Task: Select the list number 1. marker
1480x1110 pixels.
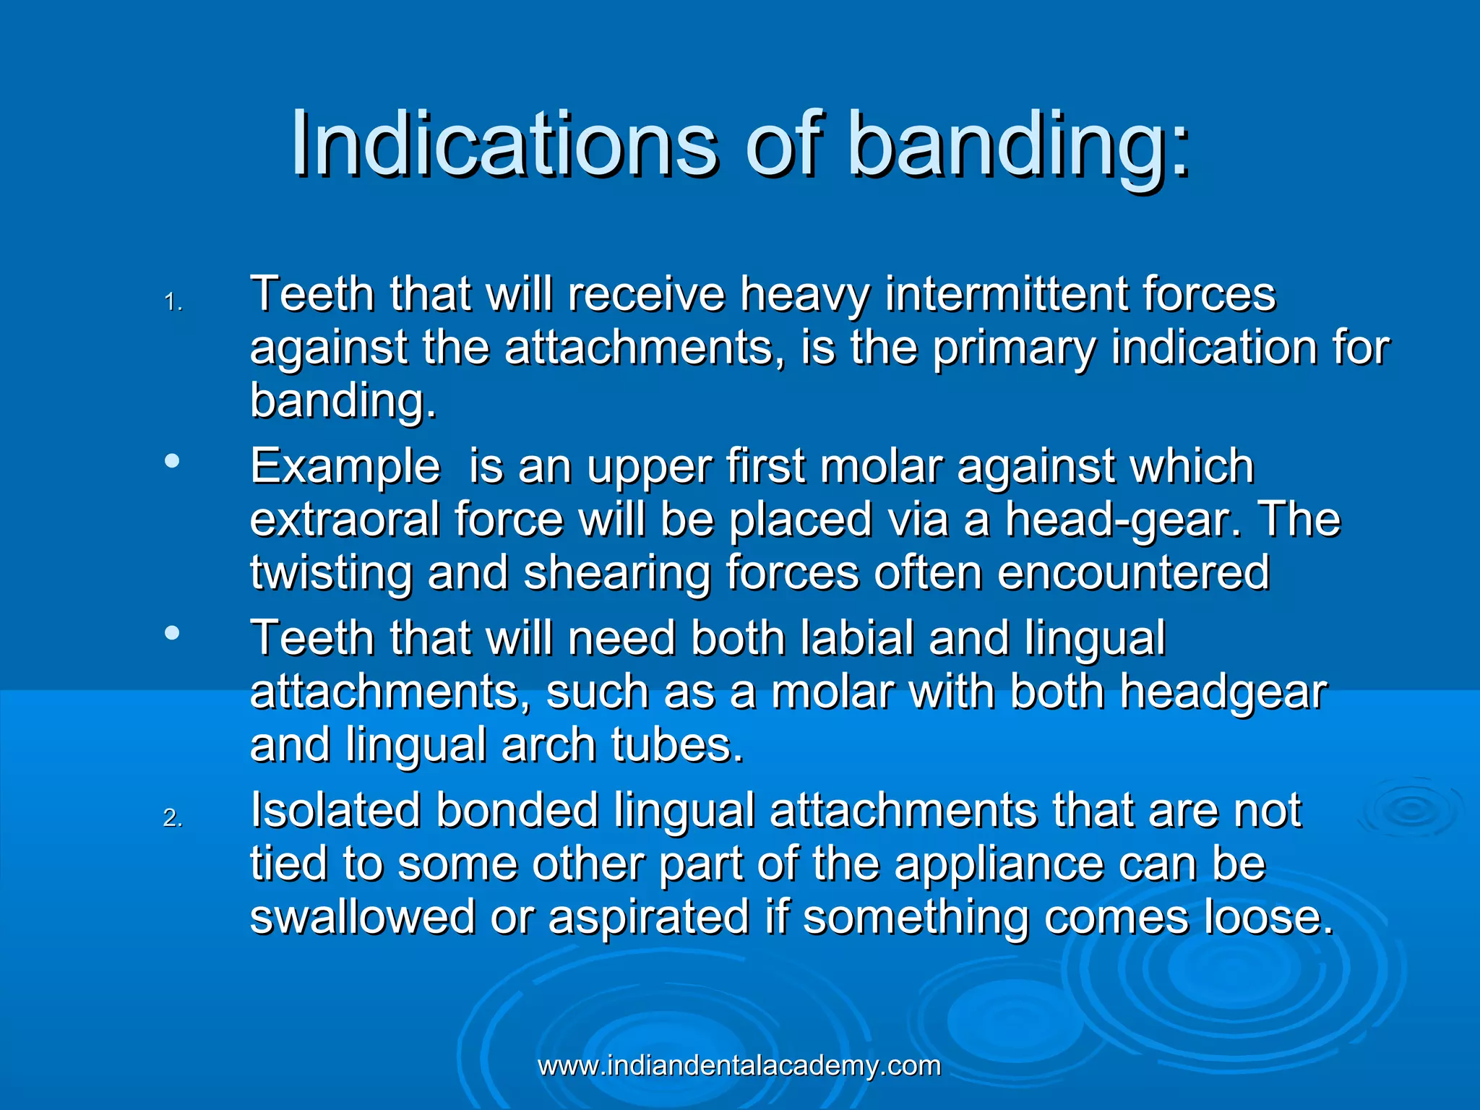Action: click(x=173, y=302)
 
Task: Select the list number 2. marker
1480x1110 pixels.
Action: click(x=173, y=817)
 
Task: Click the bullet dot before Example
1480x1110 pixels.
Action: click(x=172, y=460)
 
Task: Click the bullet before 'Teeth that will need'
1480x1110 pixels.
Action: click(x=172, y=633)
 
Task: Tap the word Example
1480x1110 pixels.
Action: click(x=345, y=466)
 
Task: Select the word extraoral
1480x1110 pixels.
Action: click(x=344, y=520)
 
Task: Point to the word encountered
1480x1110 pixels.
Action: click(x=1132, y=573)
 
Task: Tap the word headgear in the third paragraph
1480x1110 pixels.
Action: click(x=1223, y=692)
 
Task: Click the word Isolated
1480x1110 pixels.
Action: click(x=335, y=810)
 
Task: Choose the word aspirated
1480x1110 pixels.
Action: click(x=648, y=917)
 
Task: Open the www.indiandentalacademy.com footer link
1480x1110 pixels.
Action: click(x=739, y=1066)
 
